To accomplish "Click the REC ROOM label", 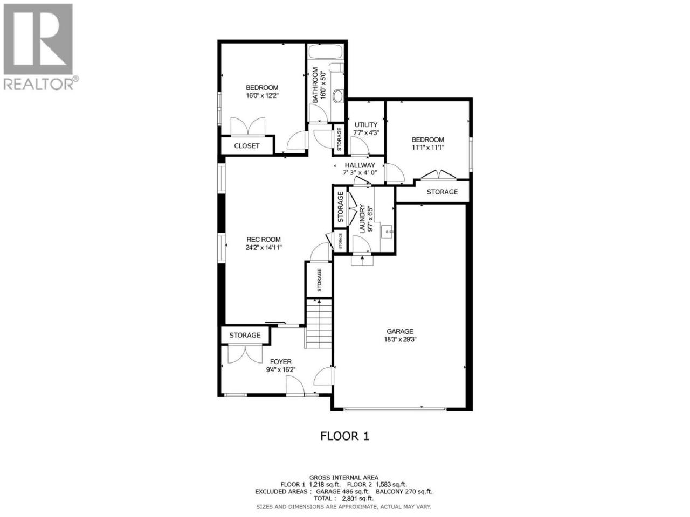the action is [264, 240].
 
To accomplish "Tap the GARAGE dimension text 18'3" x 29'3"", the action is [400, 339].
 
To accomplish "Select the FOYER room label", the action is [281, 362].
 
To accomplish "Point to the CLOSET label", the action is [247, 146].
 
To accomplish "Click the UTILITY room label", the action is [366, 125].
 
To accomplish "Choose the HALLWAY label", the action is [360, 165].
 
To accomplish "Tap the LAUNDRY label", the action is [362, 219].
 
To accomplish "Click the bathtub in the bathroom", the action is [326, 52].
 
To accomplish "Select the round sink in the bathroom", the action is [338, 96].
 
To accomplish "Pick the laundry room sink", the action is [387, 232].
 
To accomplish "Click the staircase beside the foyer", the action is [319, 324].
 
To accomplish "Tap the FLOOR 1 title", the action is [344, 436].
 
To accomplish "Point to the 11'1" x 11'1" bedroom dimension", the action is [428, 147].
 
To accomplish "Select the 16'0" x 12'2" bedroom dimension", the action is [262, 95].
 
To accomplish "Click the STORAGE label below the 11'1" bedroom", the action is [442, 192].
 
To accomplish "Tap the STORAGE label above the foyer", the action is [245, 336].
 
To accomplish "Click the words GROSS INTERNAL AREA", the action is [344, 478].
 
